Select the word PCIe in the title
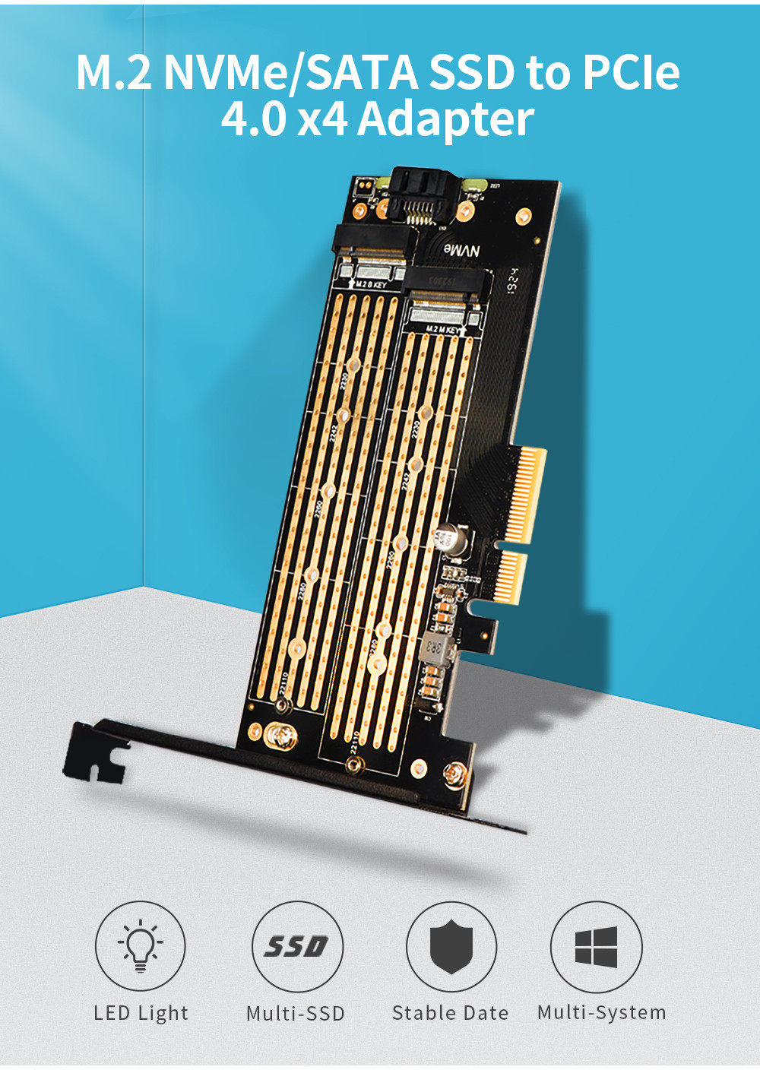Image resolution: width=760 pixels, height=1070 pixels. (x=631, y=73)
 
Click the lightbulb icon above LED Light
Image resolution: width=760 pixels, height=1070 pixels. (x=140, y=946)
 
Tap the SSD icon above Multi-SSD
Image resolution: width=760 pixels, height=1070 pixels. (x=296, y=946)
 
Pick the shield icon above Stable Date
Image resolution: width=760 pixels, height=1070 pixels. (x=451, y=946)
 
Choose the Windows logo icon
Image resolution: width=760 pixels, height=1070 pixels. (x=597, y=946)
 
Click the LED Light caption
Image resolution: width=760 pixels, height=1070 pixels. (x=141, y=1013)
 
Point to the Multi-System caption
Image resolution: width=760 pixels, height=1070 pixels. (x=601, y=1012)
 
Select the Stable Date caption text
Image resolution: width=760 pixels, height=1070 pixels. (x=450, y=1013)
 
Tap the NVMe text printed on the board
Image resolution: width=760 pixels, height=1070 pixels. (x=462, y=251)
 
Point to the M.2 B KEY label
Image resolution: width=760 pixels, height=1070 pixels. (x=371, y=284)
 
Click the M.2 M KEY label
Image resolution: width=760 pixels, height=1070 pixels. (x=442, y=330)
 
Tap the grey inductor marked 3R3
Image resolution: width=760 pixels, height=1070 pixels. (x=436, y=647)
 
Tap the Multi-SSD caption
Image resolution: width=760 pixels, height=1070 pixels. (x=296, y=1014)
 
